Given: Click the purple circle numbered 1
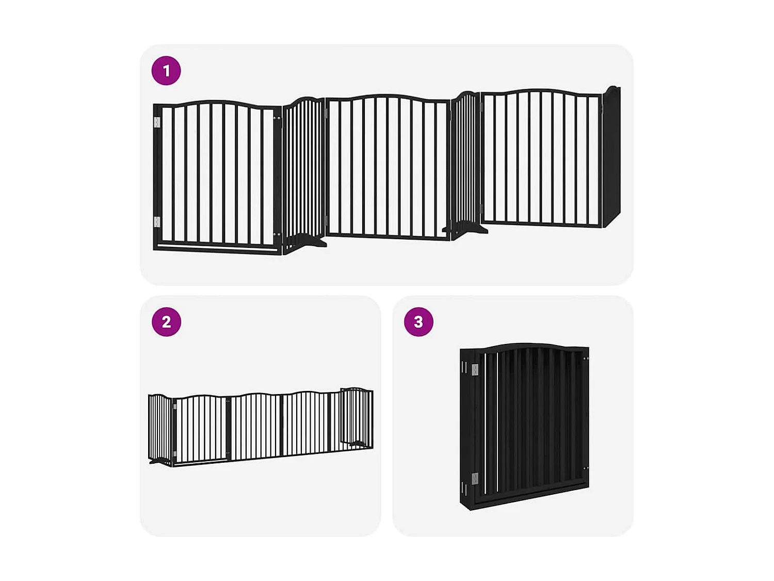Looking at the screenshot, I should tap(166, 71).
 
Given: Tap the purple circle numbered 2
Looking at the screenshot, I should tap(166, 322).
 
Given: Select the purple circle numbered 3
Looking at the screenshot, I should tap(418, 322).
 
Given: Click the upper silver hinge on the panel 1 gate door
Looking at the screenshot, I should tap(157, 122).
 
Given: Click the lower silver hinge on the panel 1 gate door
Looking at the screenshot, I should tap(157, 222).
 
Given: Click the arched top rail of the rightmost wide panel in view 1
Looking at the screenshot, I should tap(540, 91).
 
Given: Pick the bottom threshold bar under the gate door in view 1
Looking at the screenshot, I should tap(217, 248).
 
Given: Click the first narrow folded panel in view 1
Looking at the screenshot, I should tap(303, 170).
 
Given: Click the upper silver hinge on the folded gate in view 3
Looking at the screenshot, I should tap(475, 369).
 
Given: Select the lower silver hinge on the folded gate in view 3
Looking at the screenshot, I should tap(475, 478).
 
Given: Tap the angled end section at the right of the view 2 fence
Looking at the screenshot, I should tap(357, 417).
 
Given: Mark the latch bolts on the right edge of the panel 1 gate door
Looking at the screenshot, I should tap(277, 118).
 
